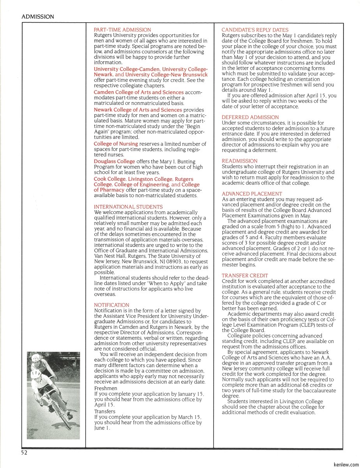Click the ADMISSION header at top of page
click(38, 17)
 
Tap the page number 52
click(25, 452)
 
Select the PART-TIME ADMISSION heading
click(122, 30)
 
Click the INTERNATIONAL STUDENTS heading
click(128, 207)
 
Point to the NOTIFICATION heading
click(111, 305)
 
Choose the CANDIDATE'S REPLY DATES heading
click(255, 30)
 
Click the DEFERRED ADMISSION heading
click(250, 117)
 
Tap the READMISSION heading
click(239, 161)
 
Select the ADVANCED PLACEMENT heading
click(252, 194)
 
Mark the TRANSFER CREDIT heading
click(245, 276)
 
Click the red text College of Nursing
click(116, 144)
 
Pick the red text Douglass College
click(114, 161)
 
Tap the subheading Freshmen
click(106, 388)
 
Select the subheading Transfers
click(105, 411)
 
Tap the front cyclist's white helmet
click(36, 373)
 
